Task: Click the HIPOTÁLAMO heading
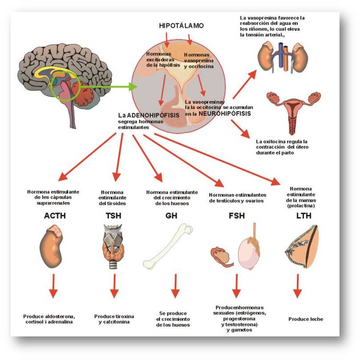pyautogui.click(x=181, y=25)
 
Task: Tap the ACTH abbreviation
pyautogui.click(x=55, y=215)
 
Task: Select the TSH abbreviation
pyautogui.click(x=113, y=215)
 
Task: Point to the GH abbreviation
pyautogui.click(x=171, y=215)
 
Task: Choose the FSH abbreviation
pyautogui.click(x=237, y=215)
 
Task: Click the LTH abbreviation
pyautogui.click(x=304, y=215)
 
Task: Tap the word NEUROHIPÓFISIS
pyautogui.click(x=225, y=113)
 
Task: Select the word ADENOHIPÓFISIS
pyautogui.click(x=153, y=115)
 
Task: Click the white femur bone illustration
pyautogui.click(x=168, y=246)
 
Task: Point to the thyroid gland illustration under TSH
pyautogui.click(x=113, y=247)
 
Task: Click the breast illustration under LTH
pyautogui.click(x=302, y=247)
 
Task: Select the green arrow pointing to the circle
pyautogui.click(x=109, y=87)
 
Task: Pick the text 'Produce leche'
pyautogui.click(x=306, y=319)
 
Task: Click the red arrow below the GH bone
pyautogui.click(x=176, y=286)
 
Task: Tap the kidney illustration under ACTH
pyautogui.click(x=51, y=247)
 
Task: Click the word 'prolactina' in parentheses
pyautogui.click(x=301, y=206)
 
